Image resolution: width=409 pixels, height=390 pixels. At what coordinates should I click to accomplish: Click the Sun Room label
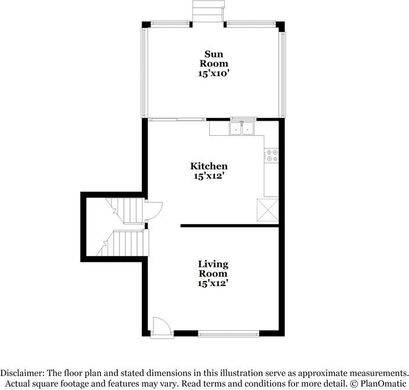pyautogui.click(x=214, y=59)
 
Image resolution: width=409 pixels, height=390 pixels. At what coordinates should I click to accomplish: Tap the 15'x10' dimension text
pyautogui.click(x=214, y=74)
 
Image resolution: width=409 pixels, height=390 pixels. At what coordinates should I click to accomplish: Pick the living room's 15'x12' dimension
pyautogui.click(x=213, y=283)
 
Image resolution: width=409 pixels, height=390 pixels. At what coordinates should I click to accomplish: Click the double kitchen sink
pyautogui.click(x=241, y=128)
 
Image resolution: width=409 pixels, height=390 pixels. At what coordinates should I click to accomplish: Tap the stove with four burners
pyautogui.click(x=271, y=156)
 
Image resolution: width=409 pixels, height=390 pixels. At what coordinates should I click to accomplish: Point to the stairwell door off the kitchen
pyautogui.click(x=153, y=209)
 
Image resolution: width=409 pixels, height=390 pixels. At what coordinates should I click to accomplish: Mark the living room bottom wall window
pyautogui.click(x=228, y=334)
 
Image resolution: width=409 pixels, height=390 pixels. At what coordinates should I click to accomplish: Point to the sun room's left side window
pyautogui.click(x=143, y=73)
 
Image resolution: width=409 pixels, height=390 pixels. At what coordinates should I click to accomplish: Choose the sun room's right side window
pyautogui.click(x=283, y=73)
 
